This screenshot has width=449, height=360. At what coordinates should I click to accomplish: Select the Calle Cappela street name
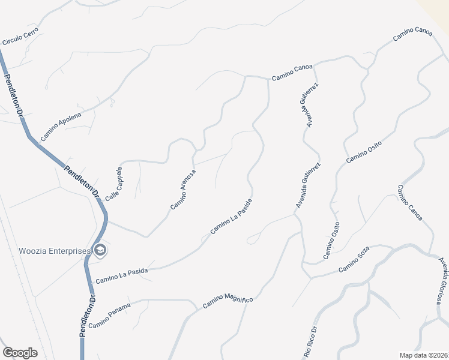(114, 183)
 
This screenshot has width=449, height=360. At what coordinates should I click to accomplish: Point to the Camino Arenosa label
(183, 189)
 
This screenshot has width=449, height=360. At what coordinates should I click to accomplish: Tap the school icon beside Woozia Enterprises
(100, 250)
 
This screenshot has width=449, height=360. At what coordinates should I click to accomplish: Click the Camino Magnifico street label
(228, 301)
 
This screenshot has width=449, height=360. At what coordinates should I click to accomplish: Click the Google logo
(20, 352)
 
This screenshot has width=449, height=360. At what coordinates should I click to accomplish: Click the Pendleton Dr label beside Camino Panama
(87, 319)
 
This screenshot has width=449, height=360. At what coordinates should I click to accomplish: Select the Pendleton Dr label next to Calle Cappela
(81, 178)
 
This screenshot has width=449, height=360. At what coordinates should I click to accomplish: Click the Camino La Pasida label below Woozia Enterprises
(121, 275)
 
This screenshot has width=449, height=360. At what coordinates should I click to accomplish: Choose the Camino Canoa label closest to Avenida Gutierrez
(292, 72)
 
